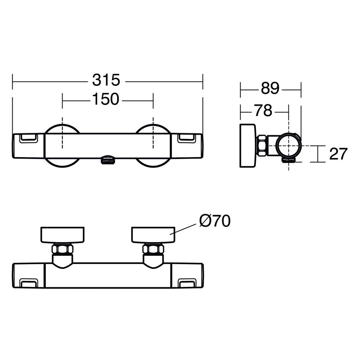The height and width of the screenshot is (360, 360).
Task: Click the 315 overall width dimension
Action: pos(106,80)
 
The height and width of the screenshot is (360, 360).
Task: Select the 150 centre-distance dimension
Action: pos(106,100)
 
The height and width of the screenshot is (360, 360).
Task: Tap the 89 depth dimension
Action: pos(270,88)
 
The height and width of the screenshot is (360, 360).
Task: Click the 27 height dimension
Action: pos(338,154)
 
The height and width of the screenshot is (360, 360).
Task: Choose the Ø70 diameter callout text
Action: pos(215,221)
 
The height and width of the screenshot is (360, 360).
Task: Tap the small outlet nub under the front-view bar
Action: pos(108,160)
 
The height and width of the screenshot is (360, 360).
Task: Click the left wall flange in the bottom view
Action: pos(62,235)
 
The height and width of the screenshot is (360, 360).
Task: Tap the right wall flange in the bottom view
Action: pos(153,235)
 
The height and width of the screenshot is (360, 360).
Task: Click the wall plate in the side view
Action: pos(248,146)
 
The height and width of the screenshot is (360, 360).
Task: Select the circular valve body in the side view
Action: pos(289,146)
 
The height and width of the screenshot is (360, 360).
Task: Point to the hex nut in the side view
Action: pos(262,146)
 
